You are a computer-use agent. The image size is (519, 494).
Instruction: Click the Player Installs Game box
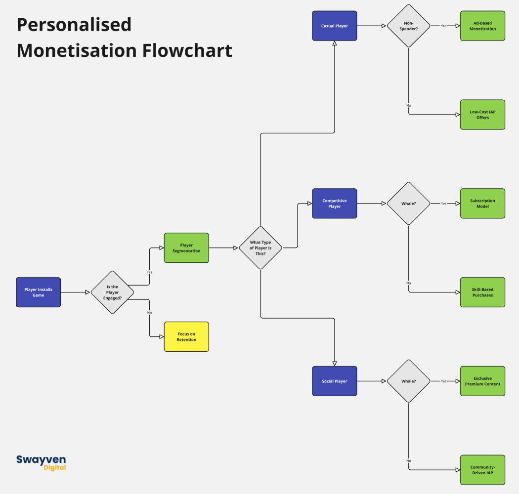38,292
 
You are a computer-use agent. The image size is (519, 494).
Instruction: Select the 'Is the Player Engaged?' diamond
112,292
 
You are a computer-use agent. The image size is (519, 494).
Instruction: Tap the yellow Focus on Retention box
186,336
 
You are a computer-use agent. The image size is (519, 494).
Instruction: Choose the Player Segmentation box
186,247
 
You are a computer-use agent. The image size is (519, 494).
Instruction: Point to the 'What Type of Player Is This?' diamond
260,247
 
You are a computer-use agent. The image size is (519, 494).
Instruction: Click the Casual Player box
334,26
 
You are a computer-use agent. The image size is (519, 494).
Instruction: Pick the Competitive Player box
334,203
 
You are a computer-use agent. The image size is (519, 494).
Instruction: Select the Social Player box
334,381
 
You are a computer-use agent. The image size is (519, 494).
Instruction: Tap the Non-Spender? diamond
408,26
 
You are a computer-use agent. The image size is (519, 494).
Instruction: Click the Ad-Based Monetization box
482,26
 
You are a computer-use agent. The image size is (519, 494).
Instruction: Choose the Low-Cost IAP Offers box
482,115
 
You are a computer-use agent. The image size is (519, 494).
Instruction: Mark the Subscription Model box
482,203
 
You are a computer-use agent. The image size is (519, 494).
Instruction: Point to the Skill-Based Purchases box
482,292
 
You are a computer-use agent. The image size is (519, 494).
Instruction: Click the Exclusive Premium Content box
482,381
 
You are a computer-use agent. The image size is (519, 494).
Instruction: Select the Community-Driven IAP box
482,470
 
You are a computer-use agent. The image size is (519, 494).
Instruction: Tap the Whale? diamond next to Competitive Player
408,203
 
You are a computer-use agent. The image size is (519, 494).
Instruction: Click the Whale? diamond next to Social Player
408,381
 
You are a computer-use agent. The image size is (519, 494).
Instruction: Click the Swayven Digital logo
41,462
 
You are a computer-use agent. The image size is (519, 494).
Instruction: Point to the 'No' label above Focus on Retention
149,313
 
